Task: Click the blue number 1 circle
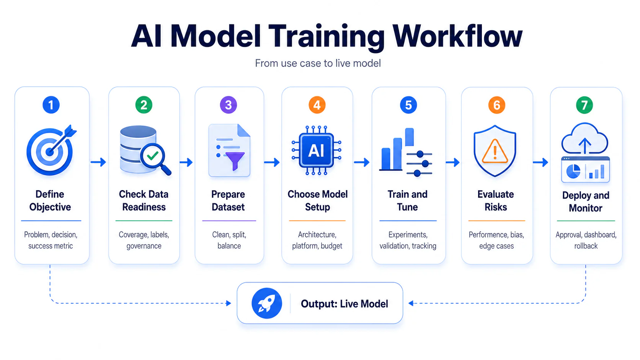tap(51, 105)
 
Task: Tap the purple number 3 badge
tap(228, 105)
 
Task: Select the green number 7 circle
tap(584, 105)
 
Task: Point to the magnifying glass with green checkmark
tap(154, 158)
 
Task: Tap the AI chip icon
tap(316, 150)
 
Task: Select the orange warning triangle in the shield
tap(495, 151)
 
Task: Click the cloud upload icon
tap(584, 139)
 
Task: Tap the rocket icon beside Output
tap(266, 303)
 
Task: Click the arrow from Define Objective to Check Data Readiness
tap(98, 162)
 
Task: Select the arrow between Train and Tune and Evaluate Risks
tap(452, 163)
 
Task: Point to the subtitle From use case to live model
tap(318, 63)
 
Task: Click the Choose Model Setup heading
tap(317, 200)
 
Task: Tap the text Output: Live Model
tap(344, 304)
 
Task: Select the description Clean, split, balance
tap(229, 240)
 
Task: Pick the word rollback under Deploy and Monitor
tap(586, 246)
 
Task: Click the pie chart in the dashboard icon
tap(573, 171)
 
